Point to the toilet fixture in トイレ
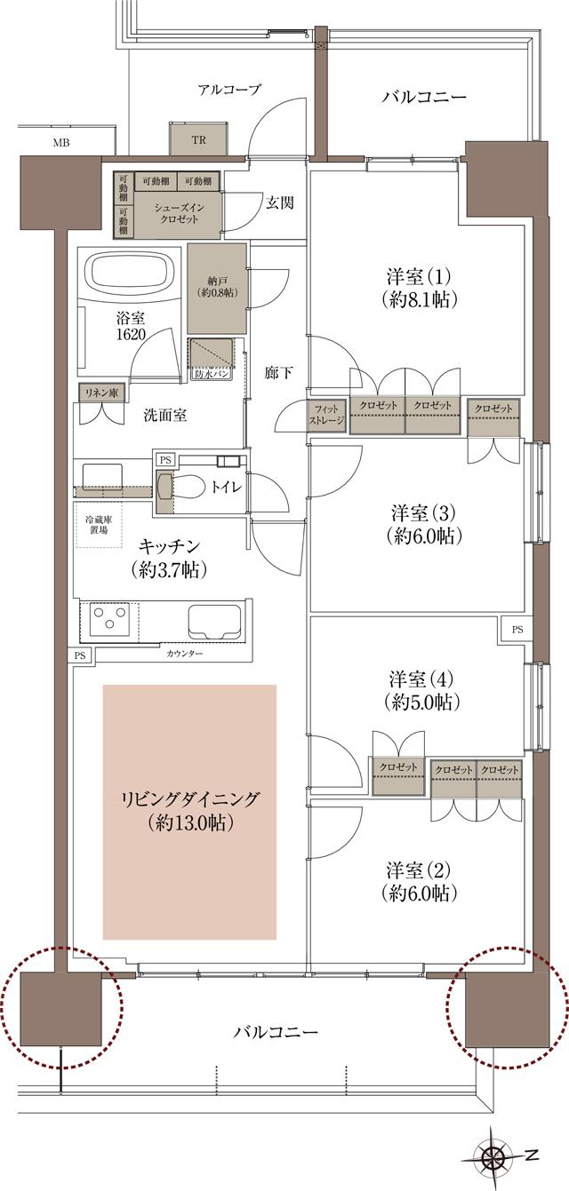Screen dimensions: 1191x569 coord(167,486)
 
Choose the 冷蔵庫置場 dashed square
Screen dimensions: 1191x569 coord(98,524)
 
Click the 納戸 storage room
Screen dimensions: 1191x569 coord(216,287)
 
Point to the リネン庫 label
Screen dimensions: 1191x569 coord(102,393)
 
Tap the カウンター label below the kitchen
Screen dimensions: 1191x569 coord(184,655)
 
